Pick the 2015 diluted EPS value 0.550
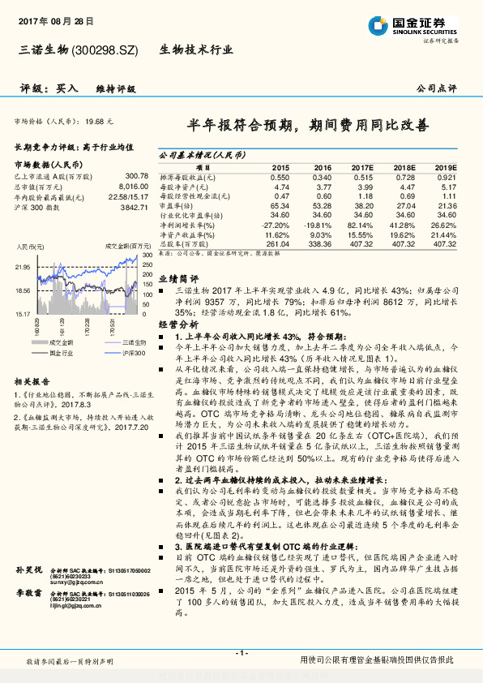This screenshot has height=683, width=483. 279,176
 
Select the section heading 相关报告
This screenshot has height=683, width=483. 32,403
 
